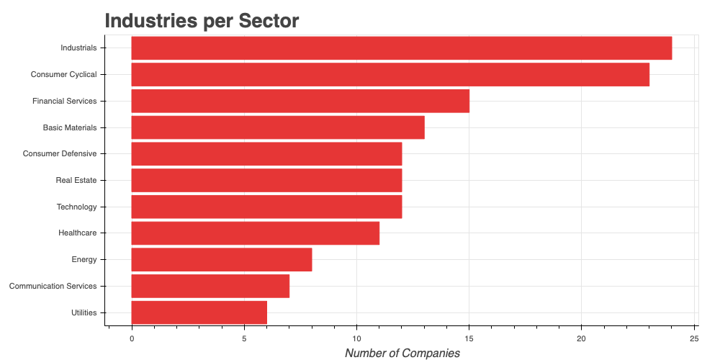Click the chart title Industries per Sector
(x=202, y=21)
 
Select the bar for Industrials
(x=401, y=48)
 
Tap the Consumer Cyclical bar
(x=390, y=74)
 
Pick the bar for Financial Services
(x=300, y=101)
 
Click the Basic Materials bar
(x=278, y=127)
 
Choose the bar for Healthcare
(x=255, y=233)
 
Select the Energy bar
(x=222, y=259)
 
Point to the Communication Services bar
(x=210, y=286)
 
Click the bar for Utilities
(x=199, y=312)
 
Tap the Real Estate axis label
(x=76, y=180)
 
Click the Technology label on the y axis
(x=76, y=207)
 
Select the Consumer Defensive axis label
(x=60, y=153)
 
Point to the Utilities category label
(x=84, y=312)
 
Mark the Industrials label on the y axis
(x=78, y=48)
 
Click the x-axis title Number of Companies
(x=402, y=353)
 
